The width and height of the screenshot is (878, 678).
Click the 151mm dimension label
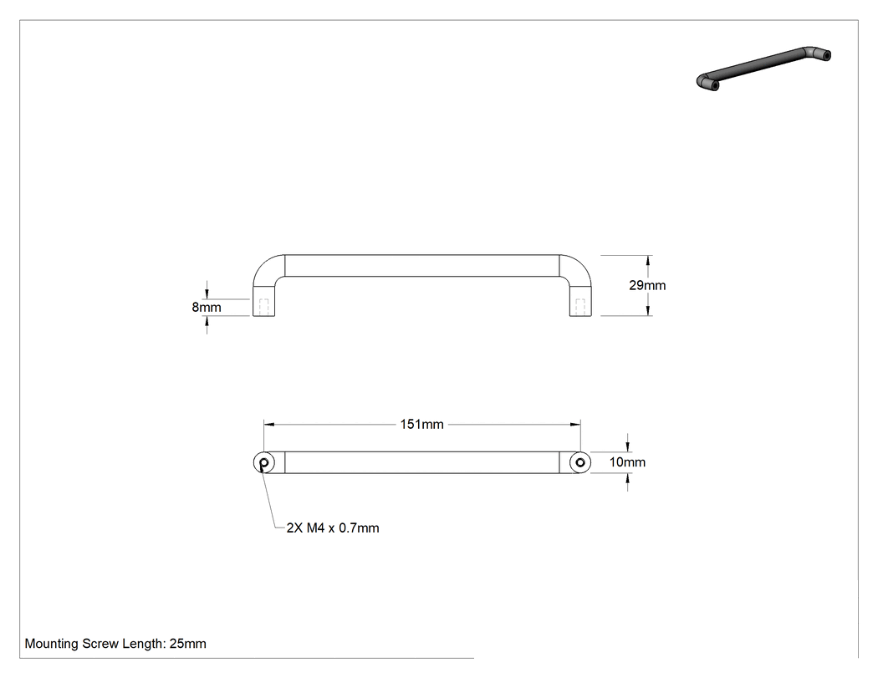421,425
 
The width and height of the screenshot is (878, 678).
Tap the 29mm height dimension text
647,285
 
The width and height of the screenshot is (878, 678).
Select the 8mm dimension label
207,307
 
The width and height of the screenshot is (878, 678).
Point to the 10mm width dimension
627,461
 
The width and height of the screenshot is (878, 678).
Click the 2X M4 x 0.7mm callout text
333,528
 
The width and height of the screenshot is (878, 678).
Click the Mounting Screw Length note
115,644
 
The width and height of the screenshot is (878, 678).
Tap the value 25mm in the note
188,644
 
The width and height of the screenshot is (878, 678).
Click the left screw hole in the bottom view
264,462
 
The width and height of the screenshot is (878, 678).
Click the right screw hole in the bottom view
580,462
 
